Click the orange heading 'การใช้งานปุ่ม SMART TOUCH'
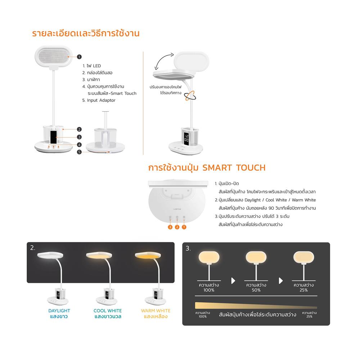207,168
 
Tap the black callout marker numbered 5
80,152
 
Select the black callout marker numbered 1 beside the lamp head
79,57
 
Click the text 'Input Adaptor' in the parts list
101,100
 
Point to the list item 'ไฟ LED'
94,66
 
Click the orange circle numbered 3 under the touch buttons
170,227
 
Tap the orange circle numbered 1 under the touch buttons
184,227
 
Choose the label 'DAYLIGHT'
59,311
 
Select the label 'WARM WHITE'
156,311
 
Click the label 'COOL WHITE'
108,311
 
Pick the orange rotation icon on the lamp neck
190,95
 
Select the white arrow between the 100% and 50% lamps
233,281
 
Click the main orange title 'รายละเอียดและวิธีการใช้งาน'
86,34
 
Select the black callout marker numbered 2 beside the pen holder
79,129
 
